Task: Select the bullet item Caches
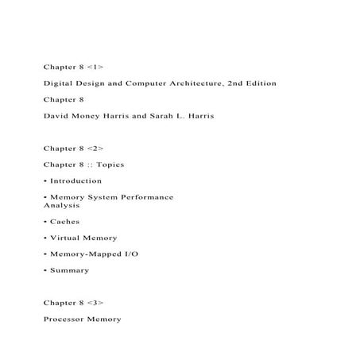click(x=64, y=222)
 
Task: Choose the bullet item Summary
click(x=69, y=270)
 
